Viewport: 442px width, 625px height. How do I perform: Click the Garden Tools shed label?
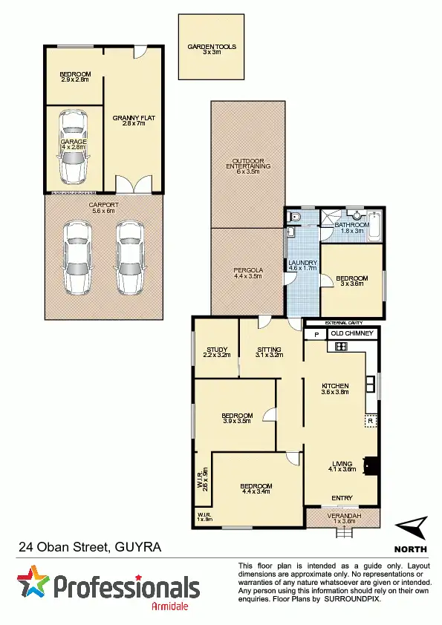212,49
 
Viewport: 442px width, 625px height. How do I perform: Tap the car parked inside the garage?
73,145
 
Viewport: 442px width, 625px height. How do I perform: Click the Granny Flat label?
133,121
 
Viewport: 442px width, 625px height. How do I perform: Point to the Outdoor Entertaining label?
247,166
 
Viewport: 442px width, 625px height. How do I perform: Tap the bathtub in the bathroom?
374,225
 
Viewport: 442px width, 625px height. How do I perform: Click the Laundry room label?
302,266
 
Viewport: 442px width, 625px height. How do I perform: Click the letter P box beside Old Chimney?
316,335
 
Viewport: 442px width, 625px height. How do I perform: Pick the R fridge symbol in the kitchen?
369,421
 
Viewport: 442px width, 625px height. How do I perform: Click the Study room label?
215,352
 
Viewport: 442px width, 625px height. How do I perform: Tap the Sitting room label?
270,352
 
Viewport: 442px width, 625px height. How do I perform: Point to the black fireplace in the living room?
375,464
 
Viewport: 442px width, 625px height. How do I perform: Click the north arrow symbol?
411,529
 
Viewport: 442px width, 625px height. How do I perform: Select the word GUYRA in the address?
137,548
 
